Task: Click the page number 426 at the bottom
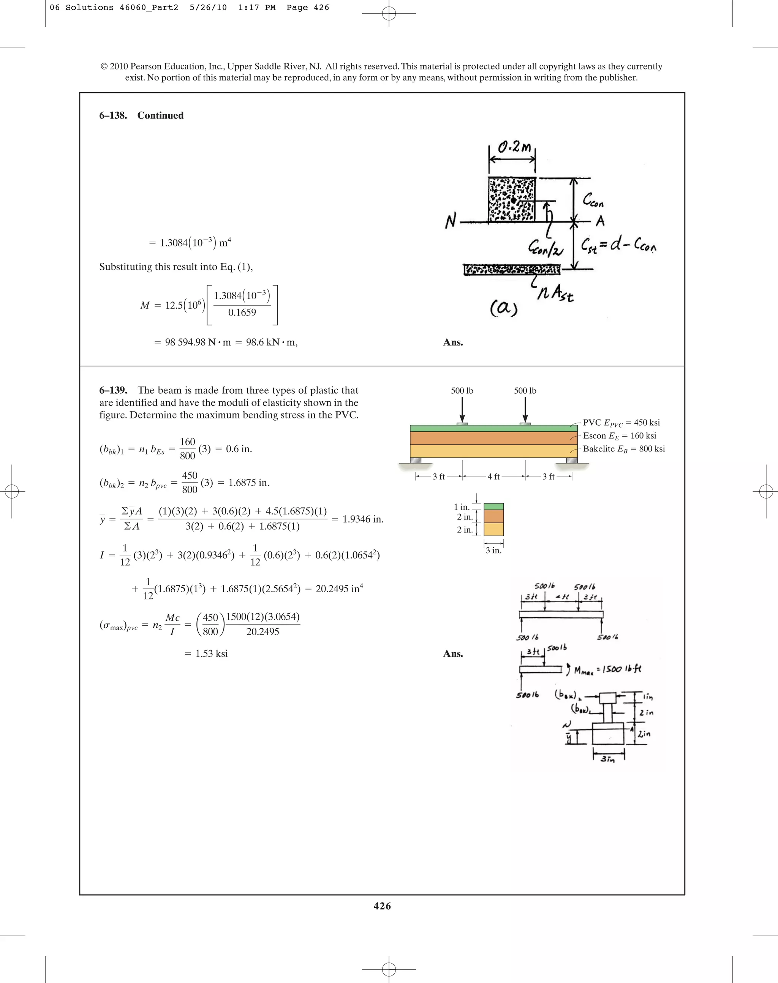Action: pos(382,906)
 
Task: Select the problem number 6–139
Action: pos(113,390)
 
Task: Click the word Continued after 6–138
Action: pos(160,115)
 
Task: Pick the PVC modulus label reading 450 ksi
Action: pos(621,423)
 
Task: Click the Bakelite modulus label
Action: pos(624,449)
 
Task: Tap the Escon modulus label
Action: pos(620,436)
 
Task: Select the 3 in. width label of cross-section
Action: pos(493,551)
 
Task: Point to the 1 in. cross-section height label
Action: pos(462,507)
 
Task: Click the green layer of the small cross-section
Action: pos(493,506)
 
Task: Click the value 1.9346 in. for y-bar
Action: pos(362,519)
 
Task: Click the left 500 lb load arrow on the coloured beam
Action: pos(462,410)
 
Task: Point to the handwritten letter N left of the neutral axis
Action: pos(451,221)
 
